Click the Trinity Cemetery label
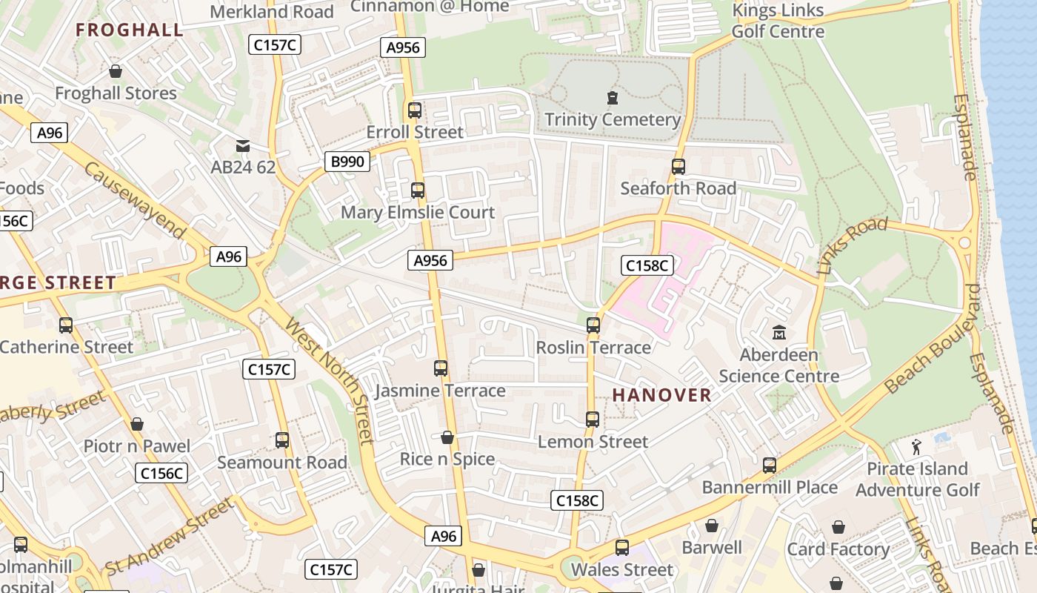(x=612, y=119)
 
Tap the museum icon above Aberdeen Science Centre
(x=778, y=332)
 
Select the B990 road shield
(x=347, y=162)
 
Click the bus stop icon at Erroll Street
(x=415, y=110)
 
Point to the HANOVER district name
(x=661, y=395)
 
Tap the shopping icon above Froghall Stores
(x=116, y=71)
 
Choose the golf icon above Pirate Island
(x=917, y=447)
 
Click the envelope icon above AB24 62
(x=243, y=145)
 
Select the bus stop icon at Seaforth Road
(x=678, y=167)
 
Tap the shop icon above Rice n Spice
(x=447, y=437)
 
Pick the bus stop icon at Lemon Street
(x=593, y=420)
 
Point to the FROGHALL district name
(x=130, y=30)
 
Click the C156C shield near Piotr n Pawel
(x=161, y=473)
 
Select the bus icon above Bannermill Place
(x=770, y=466)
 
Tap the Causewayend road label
(x=135, y=200)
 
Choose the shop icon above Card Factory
(x=838, y=527)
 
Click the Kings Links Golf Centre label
(x=778, y=21)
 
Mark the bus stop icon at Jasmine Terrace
(x=441, y=368)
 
